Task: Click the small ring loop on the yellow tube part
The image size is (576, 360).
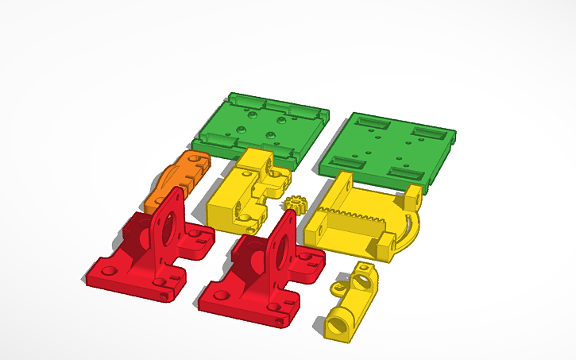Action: click(363, 269)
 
